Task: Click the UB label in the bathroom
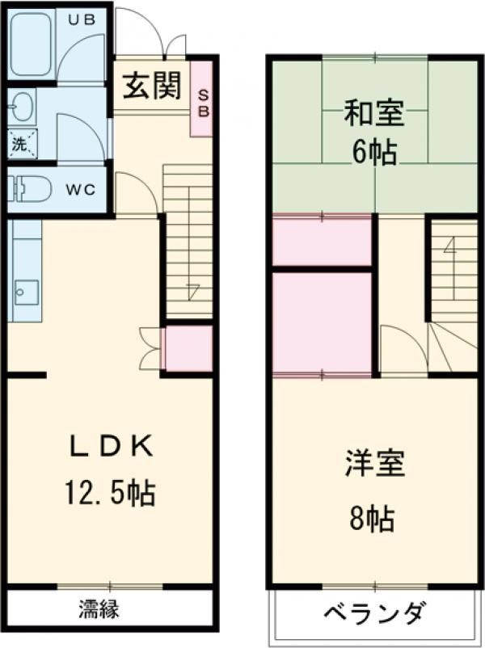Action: click(x=82, y=19)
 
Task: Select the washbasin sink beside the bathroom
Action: click(x=21, y=106)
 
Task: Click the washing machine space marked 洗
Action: click(x=23, y=144)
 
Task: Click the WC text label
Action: click(x=82, y=190)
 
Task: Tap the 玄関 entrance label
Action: click(x=153, y=86)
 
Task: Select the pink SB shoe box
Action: click(x=202, y=99)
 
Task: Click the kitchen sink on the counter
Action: click(x=27, y=292)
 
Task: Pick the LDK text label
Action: click(x=112, y=446)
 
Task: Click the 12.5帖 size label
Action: click(x=110, y=492)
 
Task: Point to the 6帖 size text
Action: click(x=374, y=152)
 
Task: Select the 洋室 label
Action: click(x=374, y=464)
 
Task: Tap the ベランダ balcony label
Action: click(x=373, y=613)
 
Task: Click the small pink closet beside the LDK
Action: click(x=189, y=348)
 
